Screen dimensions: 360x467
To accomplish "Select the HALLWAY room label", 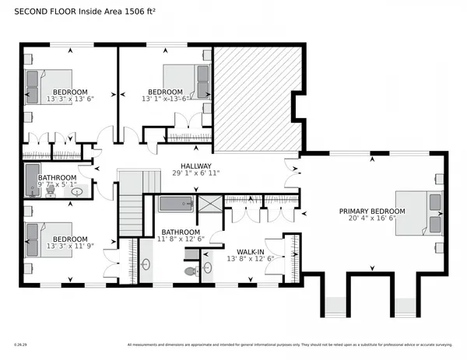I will [195, 166].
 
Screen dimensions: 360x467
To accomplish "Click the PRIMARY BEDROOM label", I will [371, 211].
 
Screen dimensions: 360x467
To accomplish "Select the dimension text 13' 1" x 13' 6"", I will [166, 99].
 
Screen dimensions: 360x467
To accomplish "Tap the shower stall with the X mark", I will [209, 204].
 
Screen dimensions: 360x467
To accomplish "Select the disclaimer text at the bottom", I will [288, 345].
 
